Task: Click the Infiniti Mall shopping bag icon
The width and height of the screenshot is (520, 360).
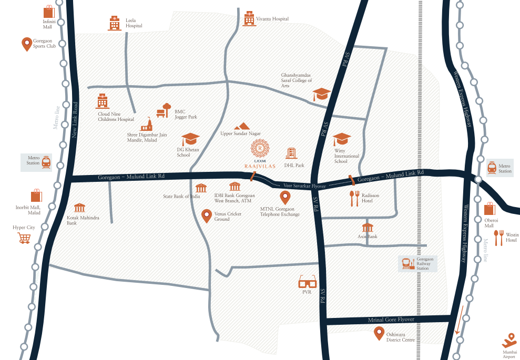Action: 49,12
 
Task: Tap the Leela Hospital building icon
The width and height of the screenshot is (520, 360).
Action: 114,23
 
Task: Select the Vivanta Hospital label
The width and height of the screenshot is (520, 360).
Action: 272,19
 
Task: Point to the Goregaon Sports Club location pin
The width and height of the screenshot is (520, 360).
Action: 26,44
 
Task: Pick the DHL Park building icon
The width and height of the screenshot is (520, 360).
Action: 291,153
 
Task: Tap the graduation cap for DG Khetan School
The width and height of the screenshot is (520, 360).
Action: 190,139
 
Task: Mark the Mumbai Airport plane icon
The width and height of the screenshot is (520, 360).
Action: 509,339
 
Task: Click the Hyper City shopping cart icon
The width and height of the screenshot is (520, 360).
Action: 24,239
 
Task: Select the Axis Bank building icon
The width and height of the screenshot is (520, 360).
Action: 367,228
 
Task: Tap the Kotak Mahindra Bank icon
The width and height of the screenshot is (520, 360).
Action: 79,208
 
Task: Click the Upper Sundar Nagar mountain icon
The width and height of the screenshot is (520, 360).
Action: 242,126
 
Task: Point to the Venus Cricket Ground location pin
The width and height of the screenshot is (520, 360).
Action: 207,215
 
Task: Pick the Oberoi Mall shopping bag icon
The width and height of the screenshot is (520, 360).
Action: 490,208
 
